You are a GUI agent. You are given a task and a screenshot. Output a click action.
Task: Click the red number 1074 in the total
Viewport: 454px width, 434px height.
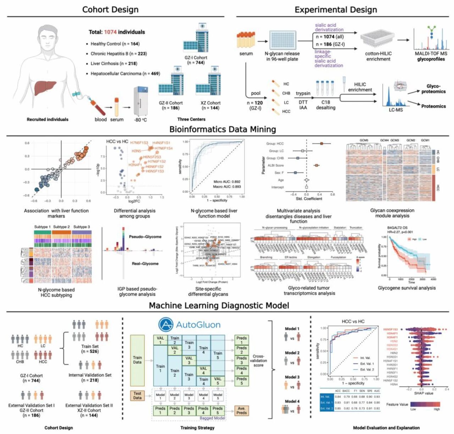(110, 32)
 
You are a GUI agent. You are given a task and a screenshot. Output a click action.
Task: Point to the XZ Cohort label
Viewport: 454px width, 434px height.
(210, 103)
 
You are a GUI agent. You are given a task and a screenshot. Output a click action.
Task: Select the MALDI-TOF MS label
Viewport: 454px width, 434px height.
(431, 54)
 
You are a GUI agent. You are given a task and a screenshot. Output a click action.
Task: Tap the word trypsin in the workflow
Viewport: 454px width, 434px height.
(303, 94)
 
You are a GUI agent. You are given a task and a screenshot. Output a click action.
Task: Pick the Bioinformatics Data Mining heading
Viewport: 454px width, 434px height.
(222, 129)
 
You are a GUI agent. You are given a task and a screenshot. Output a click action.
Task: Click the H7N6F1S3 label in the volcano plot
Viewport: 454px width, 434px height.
(139, 143)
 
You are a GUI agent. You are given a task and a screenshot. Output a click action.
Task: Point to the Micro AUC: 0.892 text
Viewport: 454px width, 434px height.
(227, 182)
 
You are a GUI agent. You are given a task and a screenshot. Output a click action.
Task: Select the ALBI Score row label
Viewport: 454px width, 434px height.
(276, 166)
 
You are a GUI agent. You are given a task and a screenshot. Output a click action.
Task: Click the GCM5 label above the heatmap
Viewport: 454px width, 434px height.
(364, 140)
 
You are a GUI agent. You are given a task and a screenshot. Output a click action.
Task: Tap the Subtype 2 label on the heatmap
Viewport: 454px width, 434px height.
(61, 227)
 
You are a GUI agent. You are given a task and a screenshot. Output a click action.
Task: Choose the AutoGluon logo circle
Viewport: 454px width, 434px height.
(166, 324)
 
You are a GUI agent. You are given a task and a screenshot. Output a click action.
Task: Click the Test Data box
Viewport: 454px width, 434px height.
(137, 396)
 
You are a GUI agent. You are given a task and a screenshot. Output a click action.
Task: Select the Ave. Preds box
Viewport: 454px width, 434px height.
(242, 410)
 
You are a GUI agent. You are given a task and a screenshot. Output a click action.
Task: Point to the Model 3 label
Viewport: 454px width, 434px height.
(292, 377)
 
